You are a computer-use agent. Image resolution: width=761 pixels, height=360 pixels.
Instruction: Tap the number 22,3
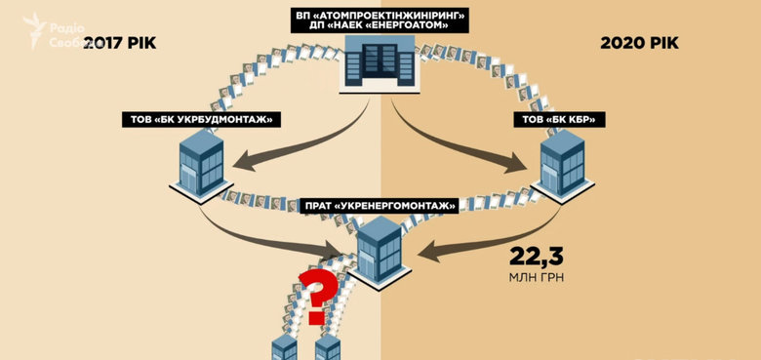coord(537,257)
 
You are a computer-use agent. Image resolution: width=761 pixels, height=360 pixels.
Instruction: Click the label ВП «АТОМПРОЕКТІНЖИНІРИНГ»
coord(381,15)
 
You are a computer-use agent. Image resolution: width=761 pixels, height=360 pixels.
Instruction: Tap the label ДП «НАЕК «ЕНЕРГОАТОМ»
coord(381,27)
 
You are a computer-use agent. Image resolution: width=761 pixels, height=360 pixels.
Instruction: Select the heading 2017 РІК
coord(122,44)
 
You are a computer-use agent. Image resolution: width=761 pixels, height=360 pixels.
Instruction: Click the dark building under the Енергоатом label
coord(379,65)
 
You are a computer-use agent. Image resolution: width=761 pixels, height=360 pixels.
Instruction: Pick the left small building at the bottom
coord(284,347)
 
